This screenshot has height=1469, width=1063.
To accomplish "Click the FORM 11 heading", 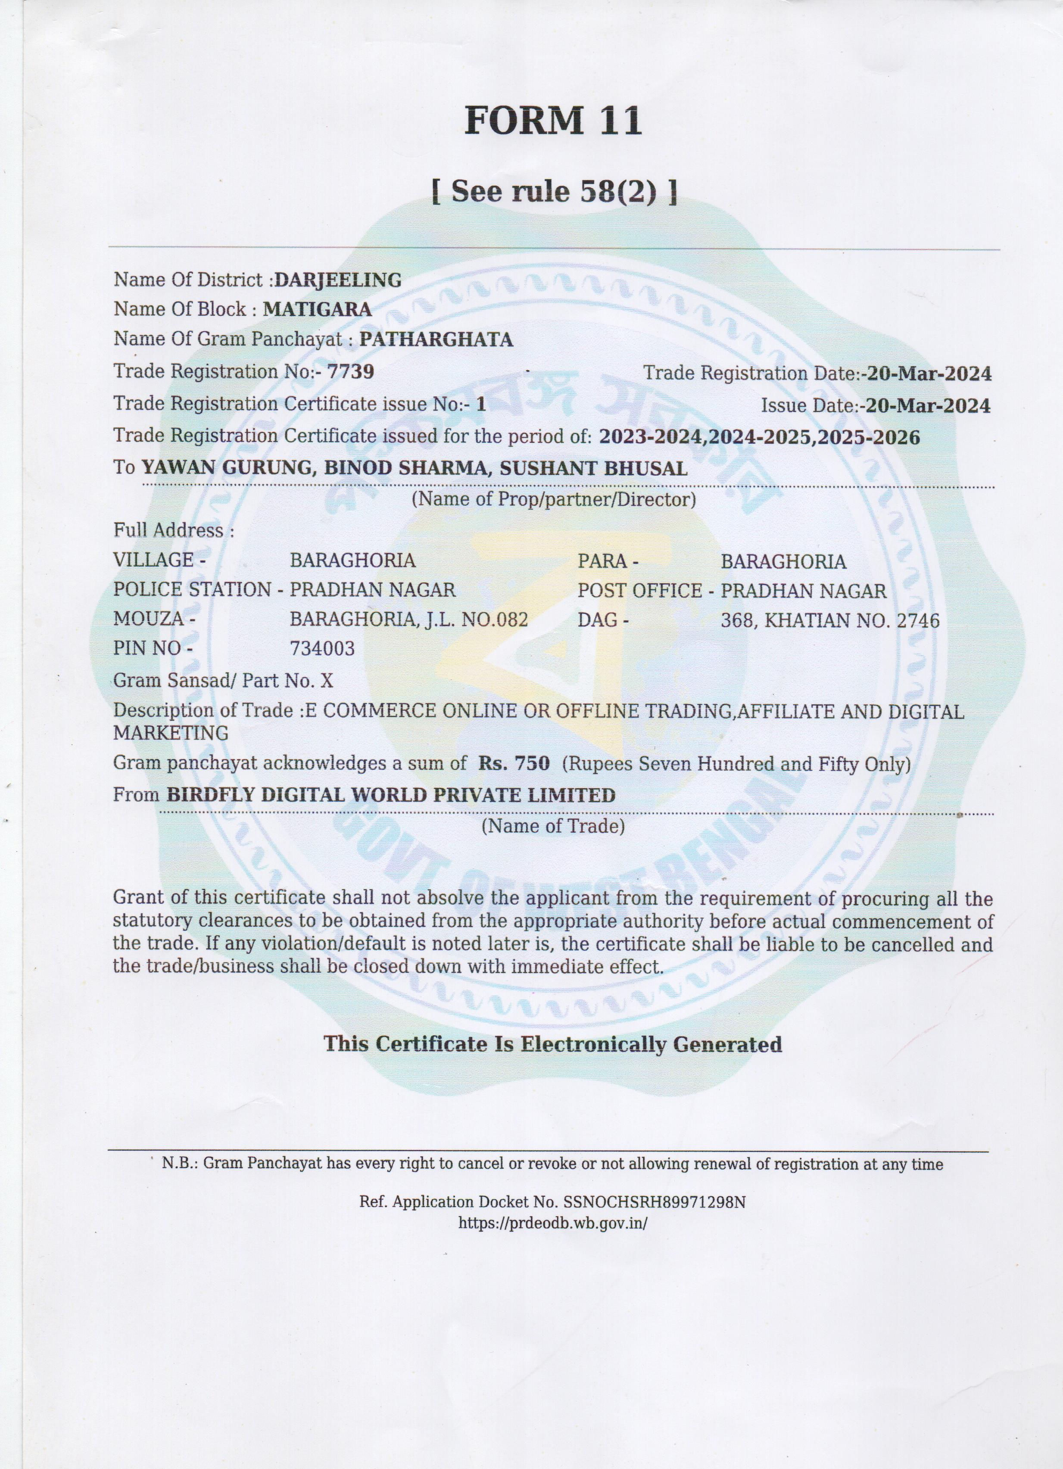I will click(552, 121).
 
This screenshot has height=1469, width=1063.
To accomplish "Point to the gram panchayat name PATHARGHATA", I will click(436, 339).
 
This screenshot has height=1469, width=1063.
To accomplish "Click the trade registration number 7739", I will click(351, 372).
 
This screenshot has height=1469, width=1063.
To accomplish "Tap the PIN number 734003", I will click(322, 648).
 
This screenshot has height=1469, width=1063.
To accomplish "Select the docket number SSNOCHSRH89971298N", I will click(655, 1202).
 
